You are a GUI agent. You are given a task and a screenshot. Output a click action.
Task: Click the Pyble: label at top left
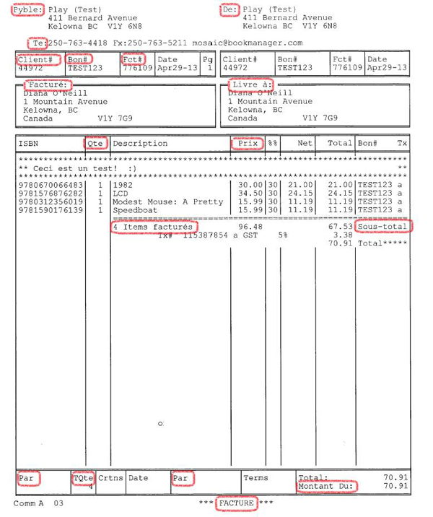tap(28, 9)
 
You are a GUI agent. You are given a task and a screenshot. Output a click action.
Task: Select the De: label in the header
tap(229, 9)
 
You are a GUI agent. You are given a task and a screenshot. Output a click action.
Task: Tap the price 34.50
tap(250, 194)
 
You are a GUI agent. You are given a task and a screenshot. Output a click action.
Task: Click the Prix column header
tap(248, 144)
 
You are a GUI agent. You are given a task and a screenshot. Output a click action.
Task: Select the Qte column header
tap(96, 144)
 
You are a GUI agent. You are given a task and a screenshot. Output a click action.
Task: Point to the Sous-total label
tap(383, 227)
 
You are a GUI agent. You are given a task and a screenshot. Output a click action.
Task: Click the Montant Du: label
tap(325, 487)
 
